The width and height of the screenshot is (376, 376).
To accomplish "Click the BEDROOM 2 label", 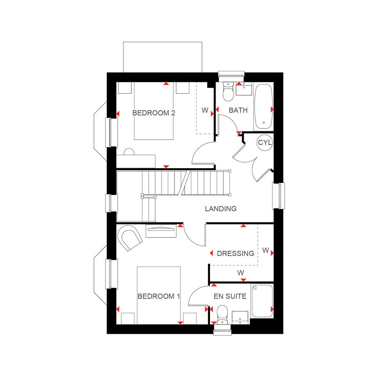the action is click(154, 113).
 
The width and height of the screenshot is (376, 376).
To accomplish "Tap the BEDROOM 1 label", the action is click(159, 296).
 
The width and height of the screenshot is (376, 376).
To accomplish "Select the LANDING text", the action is click(221, 209).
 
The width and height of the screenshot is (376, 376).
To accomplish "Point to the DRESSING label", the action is click(235, 253).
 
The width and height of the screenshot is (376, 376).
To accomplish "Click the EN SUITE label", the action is click(230, 296).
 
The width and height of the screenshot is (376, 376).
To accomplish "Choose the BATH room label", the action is click(238, 110).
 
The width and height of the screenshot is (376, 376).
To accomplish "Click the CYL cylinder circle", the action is click(265, 143).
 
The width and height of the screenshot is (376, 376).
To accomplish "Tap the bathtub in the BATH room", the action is click(264, 106).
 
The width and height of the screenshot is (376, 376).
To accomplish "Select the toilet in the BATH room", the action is click(228, 91).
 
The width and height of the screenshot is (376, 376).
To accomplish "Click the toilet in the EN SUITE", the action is click(222, 315).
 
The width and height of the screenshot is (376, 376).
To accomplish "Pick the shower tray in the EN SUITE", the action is click(262, 301).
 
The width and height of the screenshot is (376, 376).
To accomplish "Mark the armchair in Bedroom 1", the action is click(130, 238).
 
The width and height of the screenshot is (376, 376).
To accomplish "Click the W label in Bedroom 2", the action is click(205, 110).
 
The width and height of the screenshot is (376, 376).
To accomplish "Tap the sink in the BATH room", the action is click(244, 89).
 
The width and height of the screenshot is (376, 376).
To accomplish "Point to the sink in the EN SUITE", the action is click(240, 318).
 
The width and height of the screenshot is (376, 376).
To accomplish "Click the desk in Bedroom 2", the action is click(136, 162).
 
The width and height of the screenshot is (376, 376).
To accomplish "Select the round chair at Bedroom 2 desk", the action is click(129, 152).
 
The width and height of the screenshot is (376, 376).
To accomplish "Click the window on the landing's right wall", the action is click(279, 196).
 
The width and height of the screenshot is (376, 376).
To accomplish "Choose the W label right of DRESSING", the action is click(265, 250).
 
